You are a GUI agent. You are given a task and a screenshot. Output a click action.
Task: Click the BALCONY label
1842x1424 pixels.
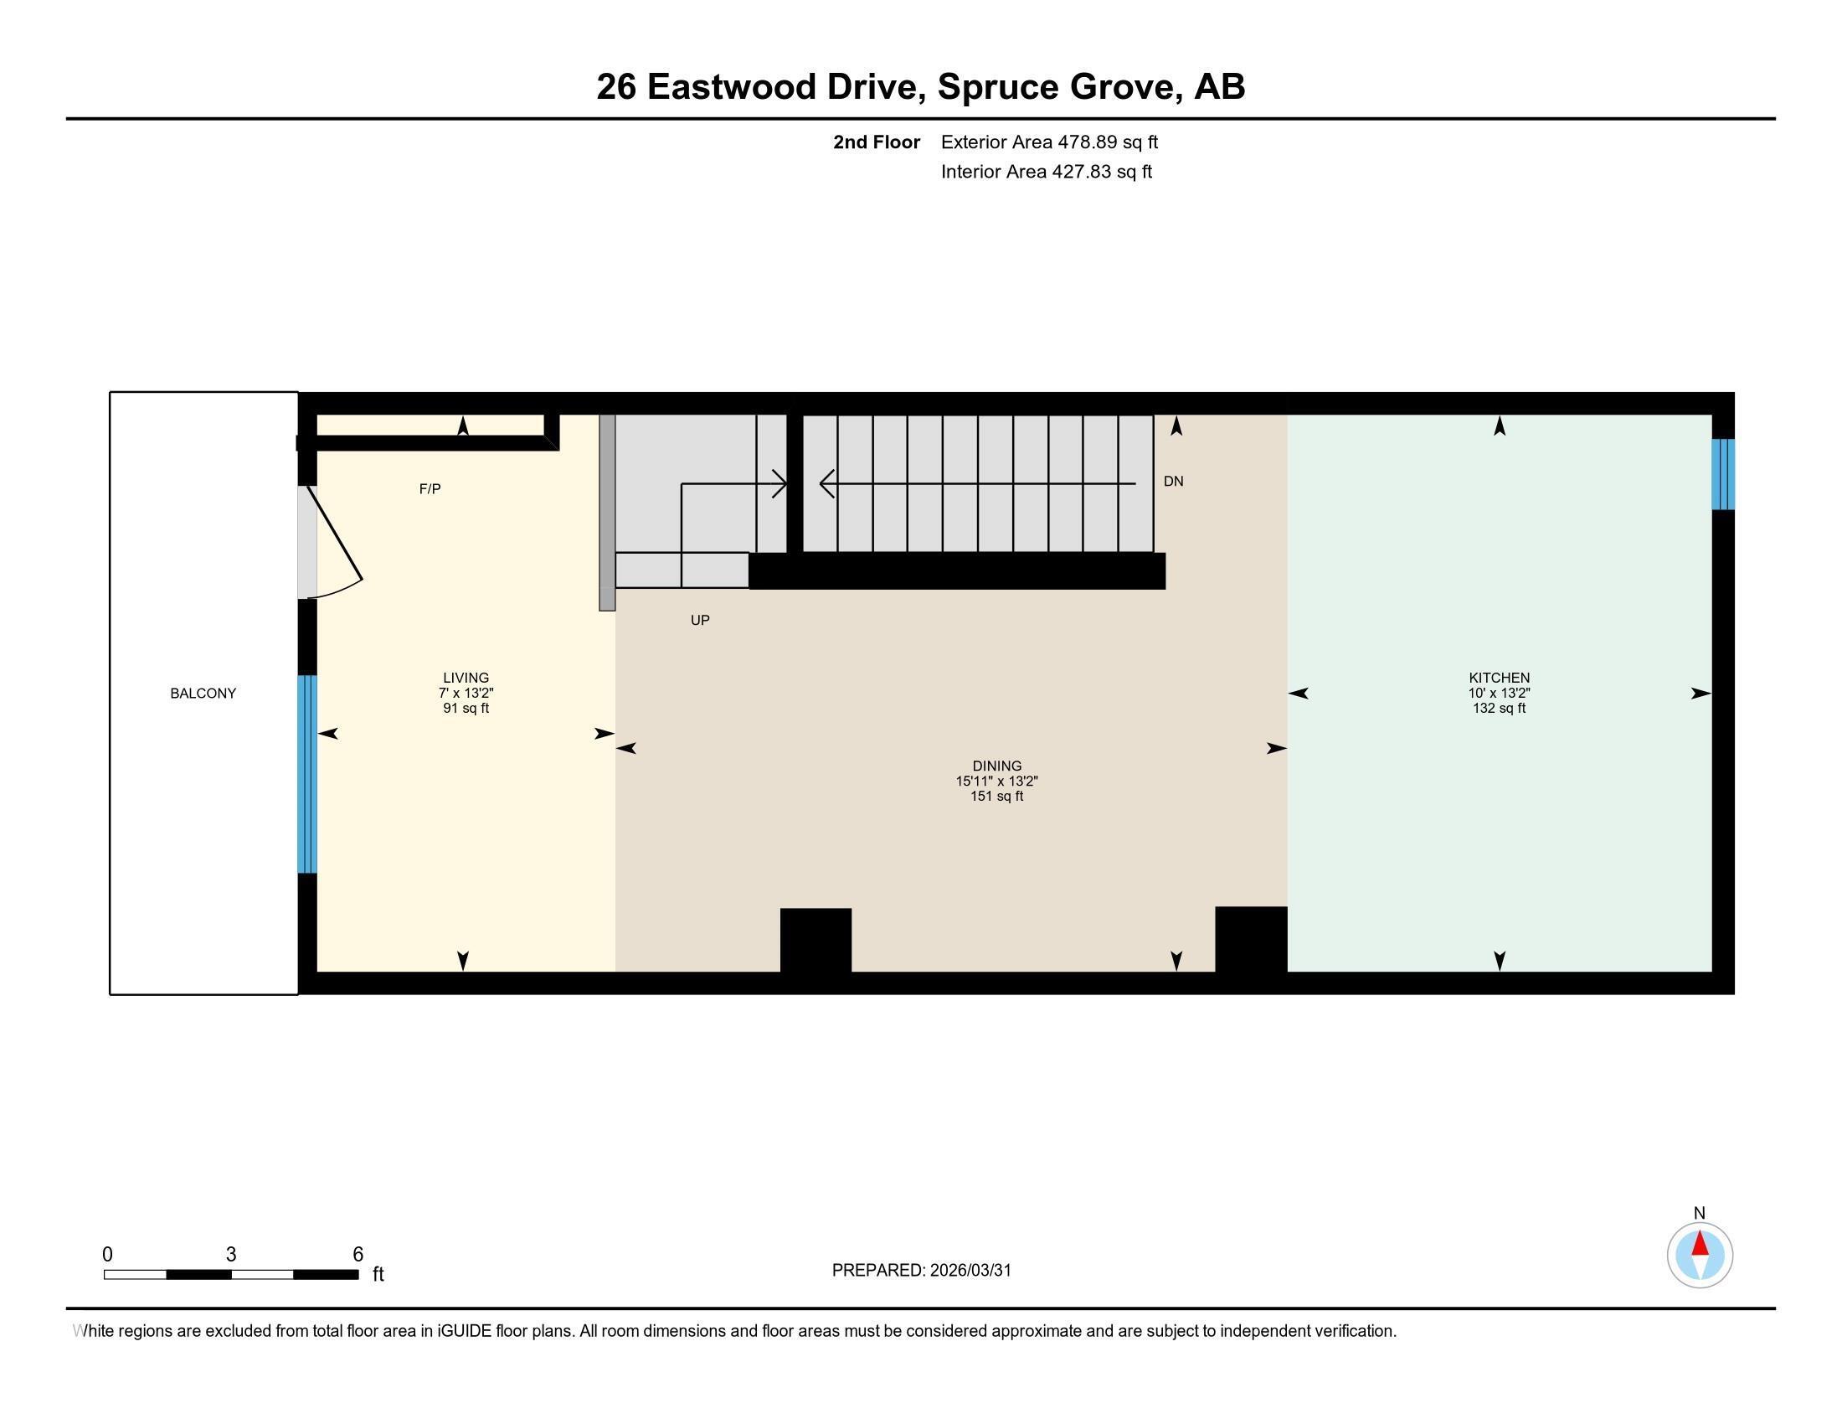pyautogui.click(x=203, y=694)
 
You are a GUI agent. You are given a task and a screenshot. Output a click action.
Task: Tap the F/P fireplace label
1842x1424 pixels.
pyautogui.click(x=430, y=488)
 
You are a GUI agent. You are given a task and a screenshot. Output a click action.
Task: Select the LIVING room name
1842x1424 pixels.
pyautogui.click(x=466, y=678)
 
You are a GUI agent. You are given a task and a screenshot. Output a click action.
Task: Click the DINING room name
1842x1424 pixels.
pyautogui.click(x=996, y=766)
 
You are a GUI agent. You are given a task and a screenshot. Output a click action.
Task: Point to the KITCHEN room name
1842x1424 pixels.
pyautogui.click(x=1499, y=678)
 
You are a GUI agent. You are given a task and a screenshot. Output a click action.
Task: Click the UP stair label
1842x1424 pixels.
pyautogui.click(x=700, y=620)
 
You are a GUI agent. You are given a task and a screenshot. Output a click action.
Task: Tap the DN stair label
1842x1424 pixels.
pyautogui.click(x=1173, y=481)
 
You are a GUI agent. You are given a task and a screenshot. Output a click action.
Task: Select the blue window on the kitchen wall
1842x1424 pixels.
pyautogui.click(x=1722, y=474)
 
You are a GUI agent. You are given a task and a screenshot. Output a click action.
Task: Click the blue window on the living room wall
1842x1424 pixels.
pyautogui.click(x=307, y=774)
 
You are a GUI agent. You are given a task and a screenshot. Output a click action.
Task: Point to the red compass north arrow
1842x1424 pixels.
pyautogui.click(x=1700, y=1243)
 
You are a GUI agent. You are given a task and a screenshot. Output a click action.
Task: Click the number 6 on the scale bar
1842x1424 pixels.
pyautogui.click(x=358, y=1254)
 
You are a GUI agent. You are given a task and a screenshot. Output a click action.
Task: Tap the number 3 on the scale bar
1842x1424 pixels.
pyautogui.click(x=231, y=1254)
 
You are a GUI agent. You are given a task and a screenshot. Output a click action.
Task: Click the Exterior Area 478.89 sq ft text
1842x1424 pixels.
pyautogui.click(x=1049, y=142)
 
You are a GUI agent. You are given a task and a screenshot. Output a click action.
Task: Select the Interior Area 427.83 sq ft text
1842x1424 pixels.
pyautogui.click(x=1046, y=171)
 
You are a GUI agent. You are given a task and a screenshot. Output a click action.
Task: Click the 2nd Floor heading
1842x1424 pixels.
pyautogui.click(x=877, y=142)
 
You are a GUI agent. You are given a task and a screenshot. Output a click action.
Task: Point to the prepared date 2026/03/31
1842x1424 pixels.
pyautogui.click(x=970, y=1271)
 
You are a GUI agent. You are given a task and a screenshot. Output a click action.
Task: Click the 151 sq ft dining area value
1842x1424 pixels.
pyautogui.click(x=996, y=797)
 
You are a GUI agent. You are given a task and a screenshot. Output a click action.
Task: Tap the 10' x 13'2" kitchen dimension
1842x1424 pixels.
pyautogui.click(x=1499, y=693)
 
